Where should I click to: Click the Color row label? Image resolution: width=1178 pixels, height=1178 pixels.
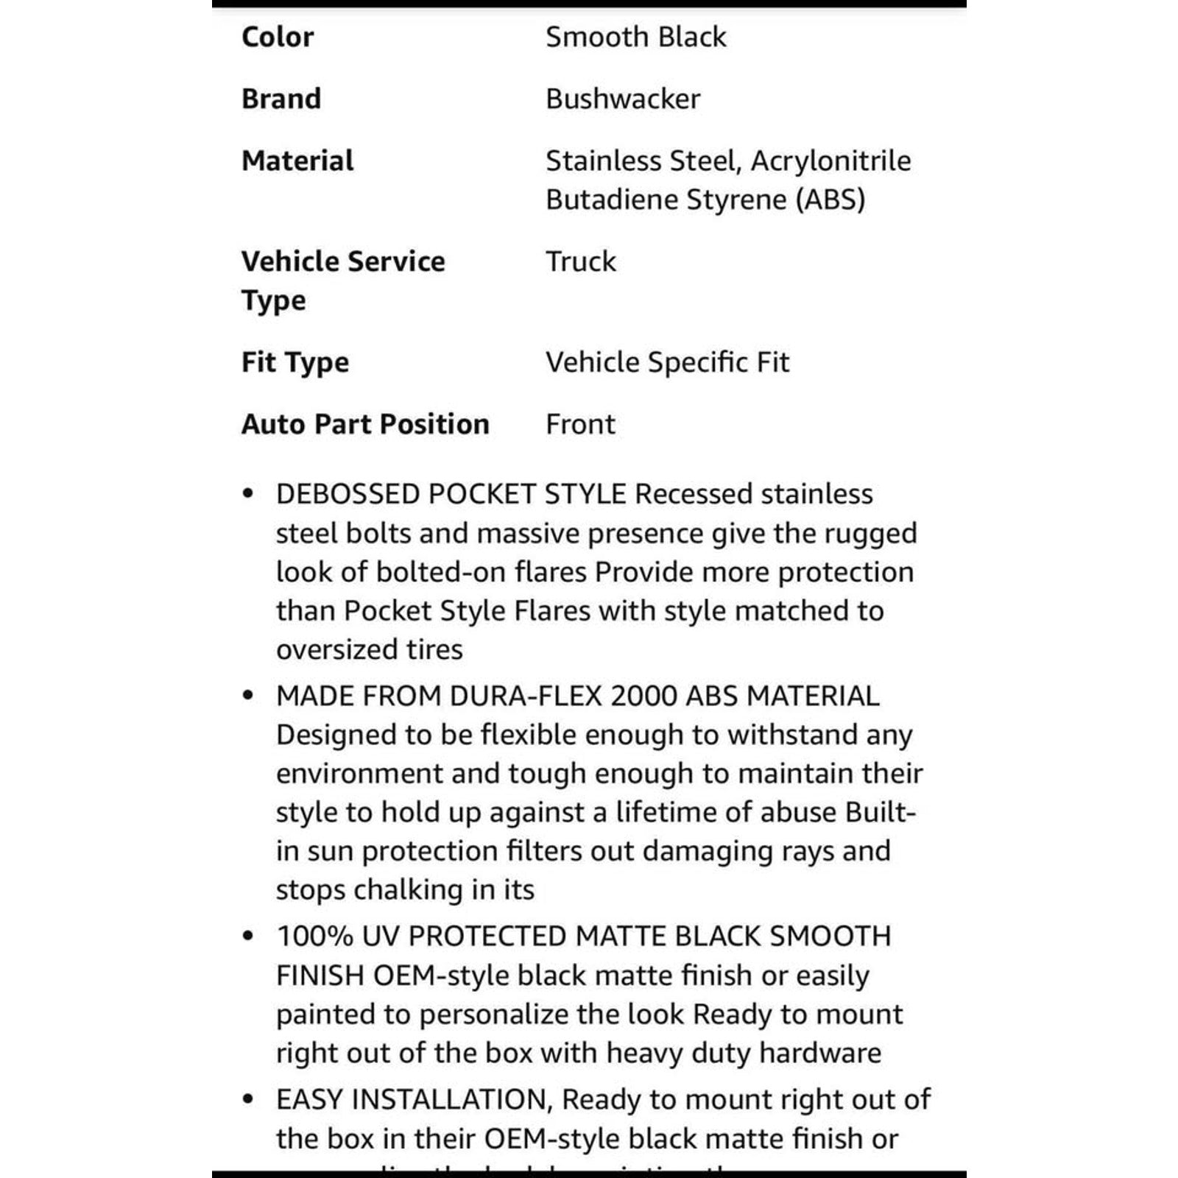(x=278, y=37)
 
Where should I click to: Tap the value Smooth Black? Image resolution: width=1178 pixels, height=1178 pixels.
(x=635, y=37)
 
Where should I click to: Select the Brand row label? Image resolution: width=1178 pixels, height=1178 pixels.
(x=281, y=99)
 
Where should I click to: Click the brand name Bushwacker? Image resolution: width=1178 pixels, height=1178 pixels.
(x=623, y=99)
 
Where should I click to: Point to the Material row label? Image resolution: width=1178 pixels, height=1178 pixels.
(x=297, y=161)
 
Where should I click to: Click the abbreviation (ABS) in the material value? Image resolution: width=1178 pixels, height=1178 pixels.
(x=830, y=200)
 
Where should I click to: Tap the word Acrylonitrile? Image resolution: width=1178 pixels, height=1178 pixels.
(x=831, y=161)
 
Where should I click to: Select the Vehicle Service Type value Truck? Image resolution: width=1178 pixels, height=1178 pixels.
(x=581, y=261)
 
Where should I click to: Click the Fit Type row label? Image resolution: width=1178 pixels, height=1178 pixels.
(x=295, y=362)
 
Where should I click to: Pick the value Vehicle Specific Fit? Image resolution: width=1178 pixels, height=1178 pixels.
(x=667, y=362)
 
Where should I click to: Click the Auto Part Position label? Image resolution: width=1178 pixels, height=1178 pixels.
(x=365, y=424)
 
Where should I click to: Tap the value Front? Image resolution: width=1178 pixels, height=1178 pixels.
(x=580, y=424)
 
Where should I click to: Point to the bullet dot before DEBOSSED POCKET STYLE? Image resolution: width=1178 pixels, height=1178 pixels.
(x=248, y=494)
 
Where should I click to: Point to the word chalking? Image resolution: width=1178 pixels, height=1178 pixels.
(x=409, y=890)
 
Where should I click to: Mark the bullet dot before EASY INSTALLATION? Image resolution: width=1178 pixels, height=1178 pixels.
(x=248, y=1100)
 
